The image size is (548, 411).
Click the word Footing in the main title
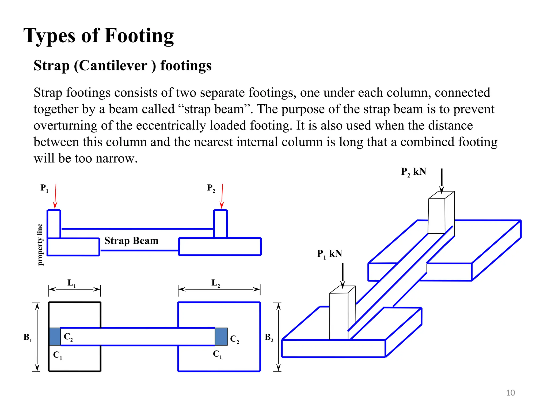[139, 36]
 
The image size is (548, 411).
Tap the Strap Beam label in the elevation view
[131, 241]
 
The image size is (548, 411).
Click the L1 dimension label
[71, 283]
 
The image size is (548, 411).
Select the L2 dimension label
[216, 283]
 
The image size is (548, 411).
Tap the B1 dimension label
[28, 337]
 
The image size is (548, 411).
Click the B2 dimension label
[269, 337]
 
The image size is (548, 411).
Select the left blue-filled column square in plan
[55, 336]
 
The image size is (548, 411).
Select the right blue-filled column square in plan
[221, 336]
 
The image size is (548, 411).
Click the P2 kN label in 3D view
[413, 172]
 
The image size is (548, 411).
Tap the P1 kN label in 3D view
[329, 254]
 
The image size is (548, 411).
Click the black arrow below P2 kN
[442, 181]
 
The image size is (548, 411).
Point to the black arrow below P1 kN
[342, 276]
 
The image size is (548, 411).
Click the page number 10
[511, 393]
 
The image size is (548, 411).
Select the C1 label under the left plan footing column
[58, 355]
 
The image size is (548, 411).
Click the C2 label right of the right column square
[234, 339]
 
